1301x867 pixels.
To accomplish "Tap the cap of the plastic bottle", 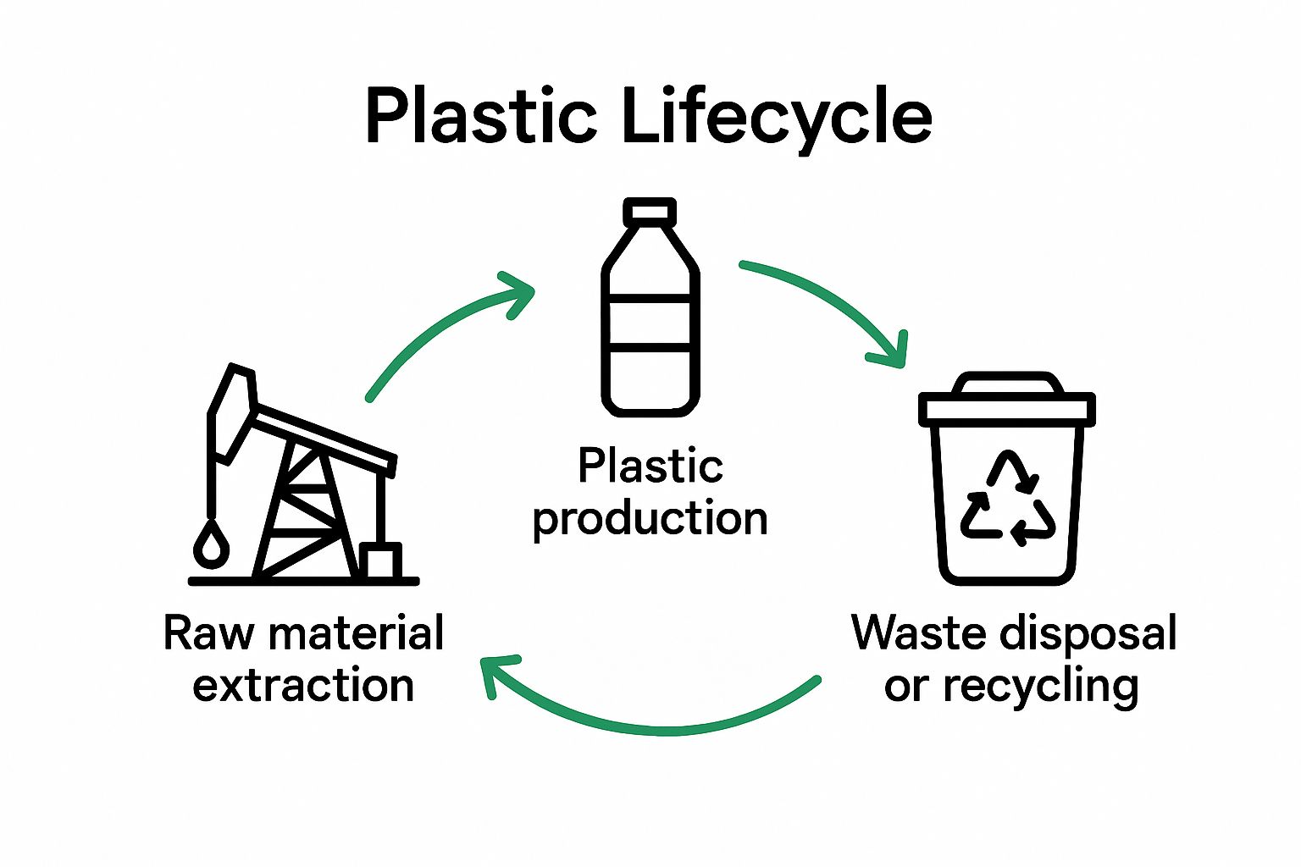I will pos(650,212).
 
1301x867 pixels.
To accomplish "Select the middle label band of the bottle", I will pos(650,321).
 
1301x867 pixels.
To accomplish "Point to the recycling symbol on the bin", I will pos(1007,500).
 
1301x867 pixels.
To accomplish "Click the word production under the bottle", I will pos(650,518).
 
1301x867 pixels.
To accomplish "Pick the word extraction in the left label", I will pos(303,686).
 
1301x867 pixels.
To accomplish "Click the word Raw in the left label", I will pos(208,633).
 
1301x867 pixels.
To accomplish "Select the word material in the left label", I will pos(355,633).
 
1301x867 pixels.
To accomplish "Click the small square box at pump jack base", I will pos(379,561).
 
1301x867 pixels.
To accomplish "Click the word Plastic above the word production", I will pos(650,466).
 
